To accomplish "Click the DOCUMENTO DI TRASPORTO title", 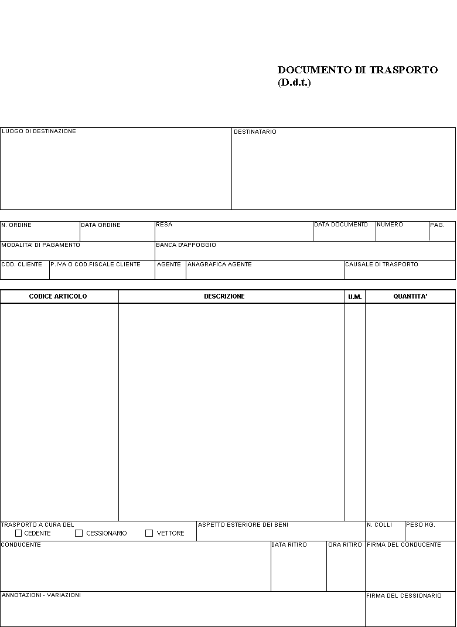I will click(357, 70).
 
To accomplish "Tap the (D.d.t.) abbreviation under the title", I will click(294, 83).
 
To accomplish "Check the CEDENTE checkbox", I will click(19, 533).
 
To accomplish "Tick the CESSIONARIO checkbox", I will click(79, 533).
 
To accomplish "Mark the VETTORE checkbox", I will click(149, 533).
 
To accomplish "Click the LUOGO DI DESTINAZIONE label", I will click(39, 131).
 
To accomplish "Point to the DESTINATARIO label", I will click(255, 132).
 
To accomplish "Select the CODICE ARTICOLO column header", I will click(58, 296).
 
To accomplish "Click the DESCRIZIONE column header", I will click(224, 296).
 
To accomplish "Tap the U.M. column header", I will click(354, 297).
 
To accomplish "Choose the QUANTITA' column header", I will click(410, 296).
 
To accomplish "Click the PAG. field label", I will click(437, 225).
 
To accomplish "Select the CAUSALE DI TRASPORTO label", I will click(381, 265).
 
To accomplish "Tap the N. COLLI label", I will click(379, 525).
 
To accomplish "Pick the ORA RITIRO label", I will click(345, 545).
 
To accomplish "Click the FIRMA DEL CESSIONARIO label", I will click(404, 596).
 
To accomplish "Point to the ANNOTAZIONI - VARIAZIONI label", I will click(41, 595).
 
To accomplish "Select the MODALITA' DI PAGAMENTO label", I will click(40, 245).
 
